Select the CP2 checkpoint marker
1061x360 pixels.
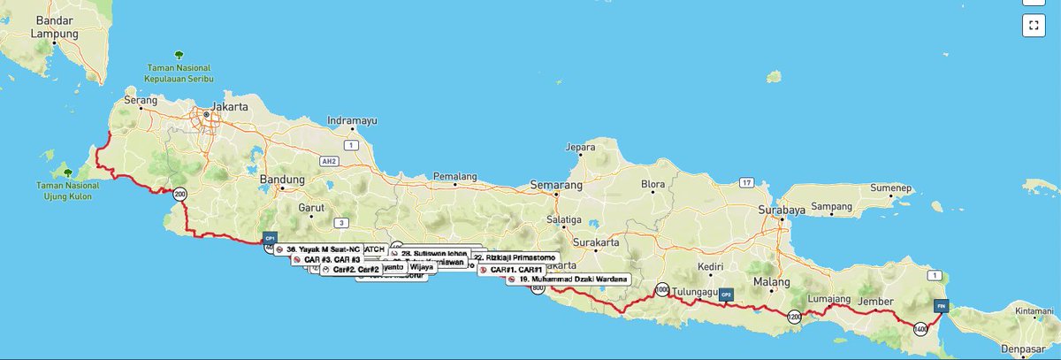(x=726, y=295)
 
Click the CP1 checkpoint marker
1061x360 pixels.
(x=271, y=238)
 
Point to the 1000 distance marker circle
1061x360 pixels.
(x=661, y=290)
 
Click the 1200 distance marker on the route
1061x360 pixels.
(x=796, y=317)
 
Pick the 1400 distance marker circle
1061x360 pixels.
(x=921, y=328)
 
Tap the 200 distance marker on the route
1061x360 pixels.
(x=180, y=194)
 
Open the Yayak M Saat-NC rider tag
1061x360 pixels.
(x=318, y=249)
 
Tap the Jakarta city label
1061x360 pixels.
(x=228, y=105)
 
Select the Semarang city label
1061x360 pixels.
(x=555, y=186)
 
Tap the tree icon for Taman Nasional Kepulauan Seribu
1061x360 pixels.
(x=180, y=54)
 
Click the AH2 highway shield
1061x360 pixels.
(x=330, y=162)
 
